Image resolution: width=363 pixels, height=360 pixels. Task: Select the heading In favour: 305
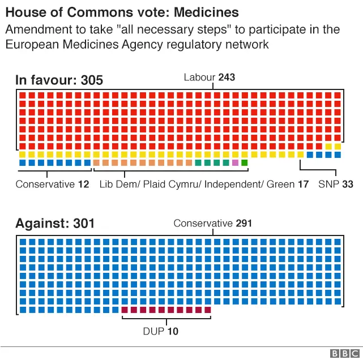tap(59, 80)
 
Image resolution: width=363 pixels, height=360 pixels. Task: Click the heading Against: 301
tap(55, 224)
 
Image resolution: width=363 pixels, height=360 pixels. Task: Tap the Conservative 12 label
tap(52, 184)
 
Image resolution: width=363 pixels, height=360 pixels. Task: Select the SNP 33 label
tap(335, 184)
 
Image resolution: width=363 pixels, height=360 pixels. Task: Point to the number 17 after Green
tap(303, 184)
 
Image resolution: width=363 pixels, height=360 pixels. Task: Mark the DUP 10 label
tap(165, 331)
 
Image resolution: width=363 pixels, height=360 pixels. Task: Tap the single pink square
tap(235, 163)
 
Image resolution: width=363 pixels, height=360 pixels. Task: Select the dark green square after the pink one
tap(245, 163)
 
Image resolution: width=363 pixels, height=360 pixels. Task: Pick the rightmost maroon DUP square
tap(207, 310)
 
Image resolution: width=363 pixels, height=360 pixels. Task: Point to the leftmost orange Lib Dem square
tap(97, 163)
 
